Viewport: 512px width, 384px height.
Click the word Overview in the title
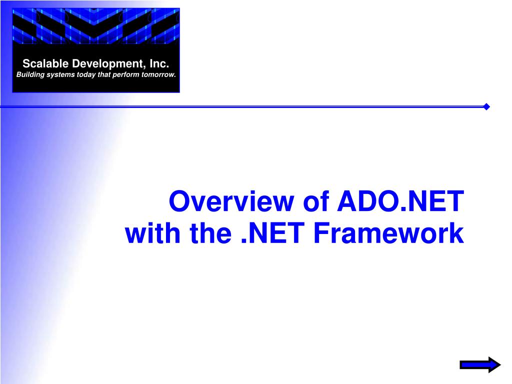231,201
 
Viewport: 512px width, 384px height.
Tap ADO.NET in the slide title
400,201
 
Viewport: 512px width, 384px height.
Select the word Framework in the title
388,233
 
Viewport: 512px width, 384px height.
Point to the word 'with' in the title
153,233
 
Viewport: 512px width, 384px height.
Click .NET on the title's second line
272,233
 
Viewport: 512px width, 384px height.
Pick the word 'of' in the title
316,201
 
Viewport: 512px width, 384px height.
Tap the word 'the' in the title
210,233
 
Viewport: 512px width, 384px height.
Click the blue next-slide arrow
480,364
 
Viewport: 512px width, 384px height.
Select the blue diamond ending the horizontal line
486,107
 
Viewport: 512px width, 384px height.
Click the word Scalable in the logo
45,63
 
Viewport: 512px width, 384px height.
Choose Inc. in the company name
159,63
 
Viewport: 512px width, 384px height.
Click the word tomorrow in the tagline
158,74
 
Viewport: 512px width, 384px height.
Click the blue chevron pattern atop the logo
96,26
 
